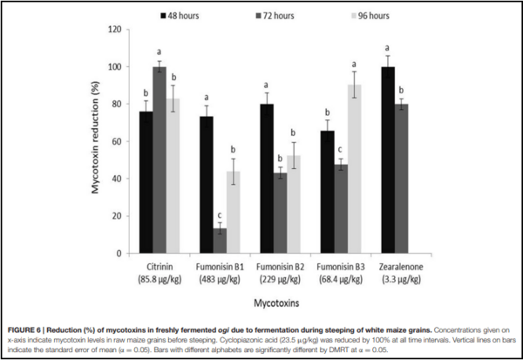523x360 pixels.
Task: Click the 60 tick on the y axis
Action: (x=115, y=141)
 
